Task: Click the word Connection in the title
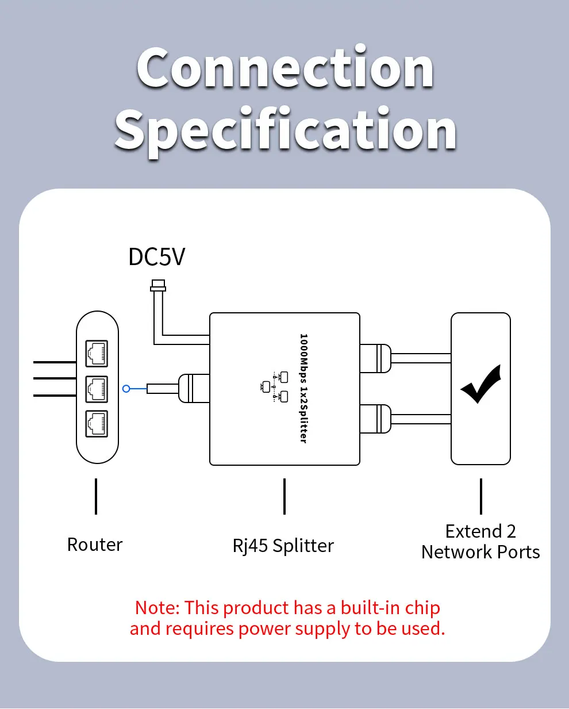(285, 68)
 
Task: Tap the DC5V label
(156, 257)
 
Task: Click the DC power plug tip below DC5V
(157, 285)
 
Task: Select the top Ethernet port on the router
(97, 353)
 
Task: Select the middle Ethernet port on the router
(97, 389)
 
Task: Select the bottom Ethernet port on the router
(97, 424)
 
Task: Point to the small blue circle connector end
(126, 389)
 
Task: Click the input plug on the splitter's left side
(194, 388)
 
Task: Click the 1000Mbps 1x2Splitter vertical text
(303, 388)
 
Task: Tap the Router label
(95, 545)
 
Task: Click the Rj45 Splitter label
(283, 546)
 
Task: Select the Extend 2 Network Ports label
(480, 542)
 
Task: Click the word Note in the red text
(157, 608)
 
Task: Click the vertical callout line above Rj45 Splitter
(284, 496)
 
